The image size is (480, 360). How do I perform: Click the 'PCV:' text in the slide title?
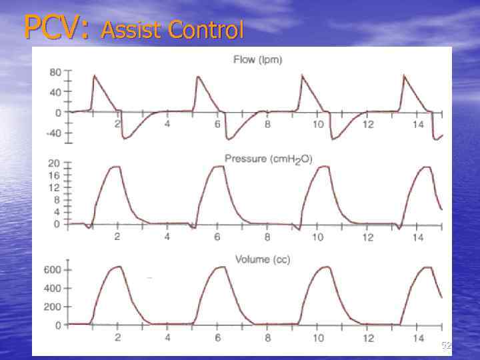[x=56, y=28]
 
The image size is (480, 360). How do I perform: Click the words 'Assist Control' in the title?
[x=173, y=29]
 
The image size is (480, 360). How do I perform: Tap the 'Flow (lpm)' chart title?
[x=258, y=60]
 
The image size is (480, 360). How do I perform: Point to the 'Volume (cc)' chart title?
[x=263, y=259]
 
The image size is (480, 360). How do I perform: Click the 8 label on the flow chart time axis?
[x=267, y=125]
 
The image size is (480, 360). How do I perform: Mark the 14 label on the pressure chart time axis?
[x=417, y=237]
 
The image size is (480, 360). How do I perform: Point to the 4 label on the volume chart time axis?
[x=167, y=338]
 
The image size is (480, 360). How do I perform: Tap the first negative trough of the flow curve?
[x=125, y=138]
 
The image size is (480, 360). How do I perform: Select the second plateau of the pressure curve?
[x=217, y=167]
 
